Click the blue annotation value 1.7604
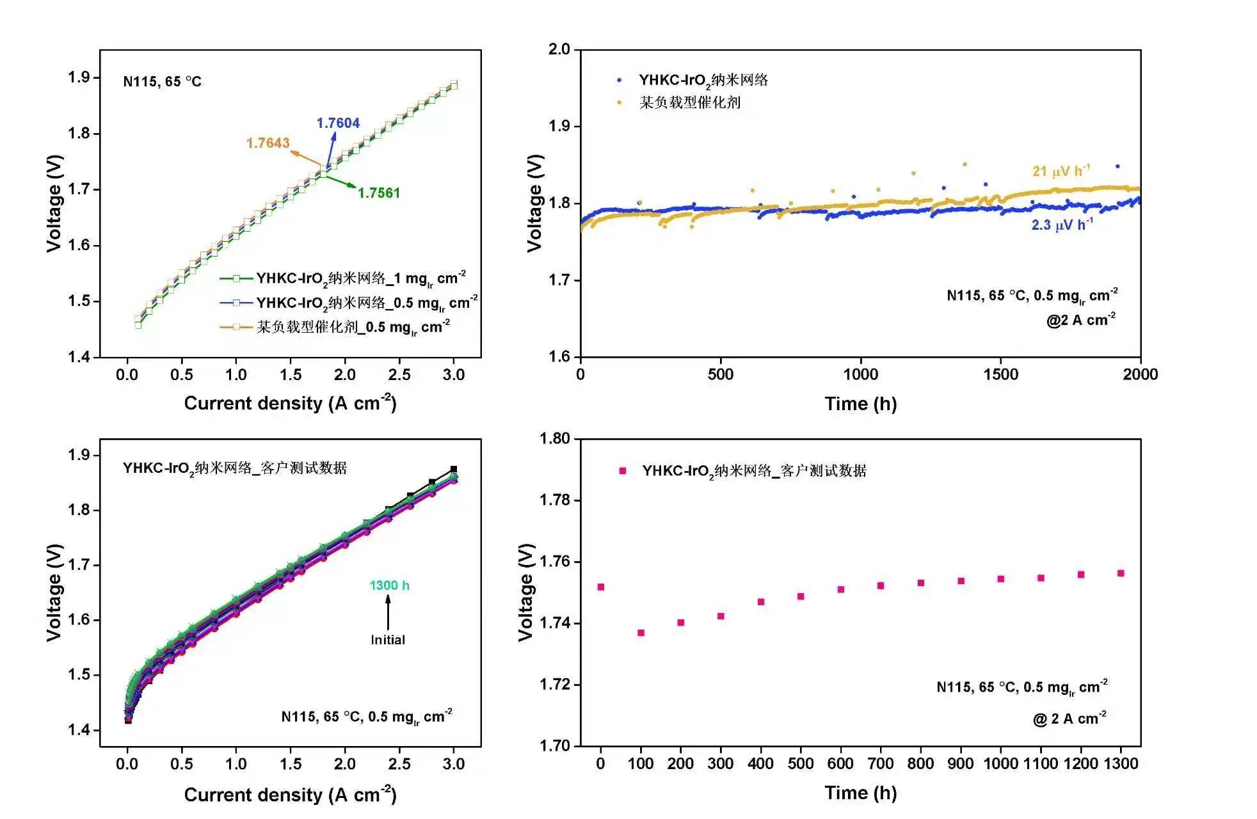point(338,123)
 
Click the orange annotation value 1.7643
point(268,143)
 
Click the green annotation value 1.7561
point(378,193)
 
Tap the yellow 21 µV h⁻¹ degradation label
point(1061,171)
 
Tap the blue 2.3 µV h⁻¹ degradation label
point(1062,225)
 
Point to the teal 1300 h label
point(389,585)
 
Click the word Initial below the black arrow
point(388,640)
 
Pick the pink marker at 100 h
point(641,633)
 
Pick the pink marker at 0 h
point(600,587)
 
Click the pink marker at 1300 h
point(1121,573)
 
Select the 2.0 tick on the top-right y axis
point(559,50)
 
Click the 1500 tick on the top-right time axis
point(1000,374)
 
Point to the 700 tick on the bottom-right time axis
point(881,763)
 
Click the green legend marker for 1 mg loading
point(236,278)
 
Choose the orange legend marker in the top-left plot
point(236,327)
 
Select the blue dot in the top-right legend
point(619,81)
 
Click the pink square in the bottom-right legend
point(622,471)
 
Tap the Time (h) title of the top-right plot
point(860,404)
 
